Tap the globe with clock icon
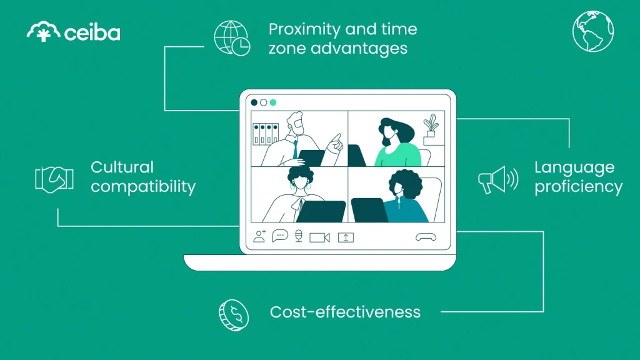coord(232,37)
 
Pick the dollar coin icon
coord(233,314)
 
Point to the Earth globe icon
coord(593,31)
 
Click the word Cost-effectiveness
coord(345,311)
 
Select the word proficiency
coord(578,187)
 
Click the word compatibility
coord(143,186)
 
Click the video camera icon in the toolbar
coord(319,237)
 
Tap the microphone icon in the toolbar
coord(299,236)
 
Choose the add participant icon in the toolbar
coord(259,236)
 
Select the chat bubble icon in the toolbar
coord(280,236)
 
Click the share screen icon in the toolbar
coord(346,237)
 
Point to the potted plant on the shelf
coord(431,127)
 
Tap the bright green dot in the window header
coord(272,102)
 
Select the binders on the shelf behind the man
coord(265,134)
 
